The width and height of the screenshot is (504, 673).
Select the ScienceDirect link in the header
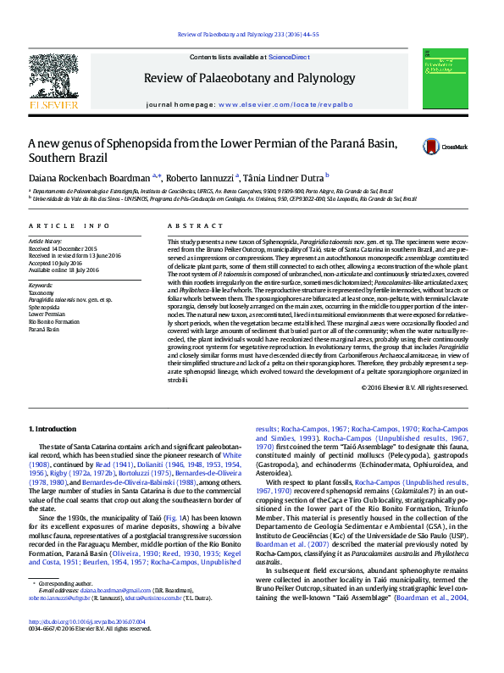point(289,57)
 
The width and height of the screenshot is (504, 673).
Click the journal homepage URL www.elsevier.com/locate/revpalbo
point(285,103)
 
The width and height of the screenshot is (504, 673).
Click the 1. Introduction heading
point(53,431)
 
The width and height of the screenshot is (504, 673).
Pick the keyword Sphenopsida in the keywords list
point(46,306)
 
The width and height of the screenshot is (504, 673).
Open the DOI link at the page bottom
point(87,644)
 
